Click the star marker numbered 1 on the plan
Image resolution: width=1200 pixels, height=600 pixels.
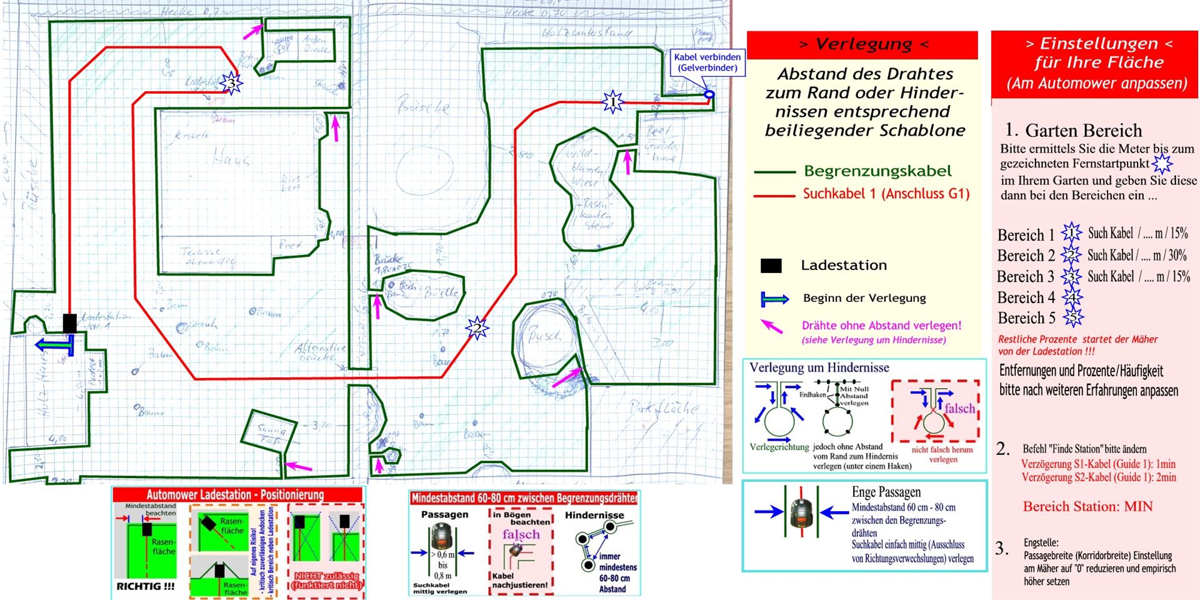point(612,101)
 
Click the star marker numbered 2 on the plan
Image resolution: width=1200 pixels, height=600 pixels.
point(477,327)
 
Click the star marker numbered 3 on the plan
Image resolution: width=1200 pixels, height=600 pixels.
point(231,83)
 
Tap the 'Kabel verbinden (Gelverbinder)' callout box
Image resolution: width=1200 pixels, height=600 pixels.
point(707,62)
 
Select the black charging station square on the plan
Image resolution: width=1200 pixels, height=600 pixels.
point(69,323)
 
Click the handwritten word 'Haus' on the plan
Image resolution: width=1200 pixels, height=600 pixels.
point(232,159)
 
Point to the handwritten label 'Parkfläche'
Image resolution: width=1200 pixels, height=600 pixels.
point(663,409)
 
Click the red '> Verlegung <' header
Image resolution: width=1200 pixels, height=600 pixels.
point(862,44)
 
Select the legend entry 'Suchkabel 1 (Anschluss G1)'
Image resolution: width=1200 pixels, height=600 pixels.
point(886,194)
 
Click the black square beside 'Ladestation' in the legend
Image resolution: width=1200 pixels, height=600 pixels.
point(771,266)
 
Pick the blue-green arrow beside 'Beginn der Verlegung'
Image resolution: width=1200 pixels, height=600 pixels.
point(774,299)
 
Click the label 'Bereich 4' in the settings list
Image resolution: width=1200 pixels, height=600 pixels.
point(1026,297)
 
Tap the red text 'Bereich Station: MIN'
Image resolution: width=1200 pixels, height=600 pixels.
point(1087,506)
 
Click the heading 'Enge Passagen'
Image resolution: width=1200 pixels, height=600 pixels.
point(886,492)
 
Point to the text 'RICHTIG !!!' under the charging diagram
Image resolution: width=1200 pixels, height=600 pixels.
point(146,586)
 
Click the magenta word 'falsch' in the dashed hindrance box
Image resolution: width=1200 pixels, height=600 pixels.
point(959,408)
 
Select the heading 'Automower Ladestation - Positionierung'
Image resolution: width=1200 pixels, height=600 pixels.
point(235,495)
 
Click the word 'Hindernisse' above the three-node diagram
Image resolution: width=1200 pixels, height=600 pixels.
point(594,515)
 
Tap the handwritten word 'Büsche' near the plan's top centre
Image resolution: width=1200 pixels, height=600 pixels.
point(423,107)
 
